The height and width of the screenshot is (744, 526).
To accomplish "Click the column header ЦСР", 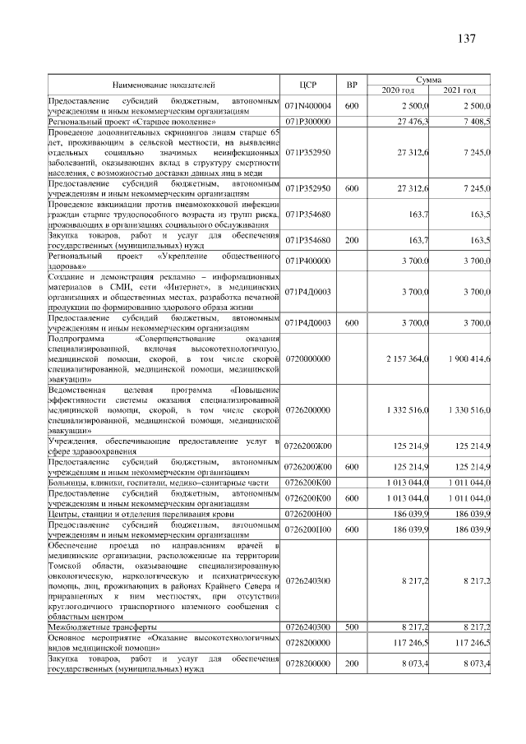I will pos(308,84).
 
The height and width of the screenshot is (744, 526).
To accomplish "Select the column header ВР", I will pos(352,84).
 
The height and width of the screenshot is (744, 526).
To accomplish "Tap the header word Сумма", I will pos(428,79).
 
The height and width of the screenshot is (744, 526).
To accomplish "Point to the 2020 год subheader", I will pos(397,90).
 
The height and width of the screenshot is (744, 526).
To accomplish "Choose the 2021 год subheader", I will pos(459,90).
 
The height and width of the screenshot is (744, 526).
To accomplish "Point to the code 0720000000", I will pos(308,359).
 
